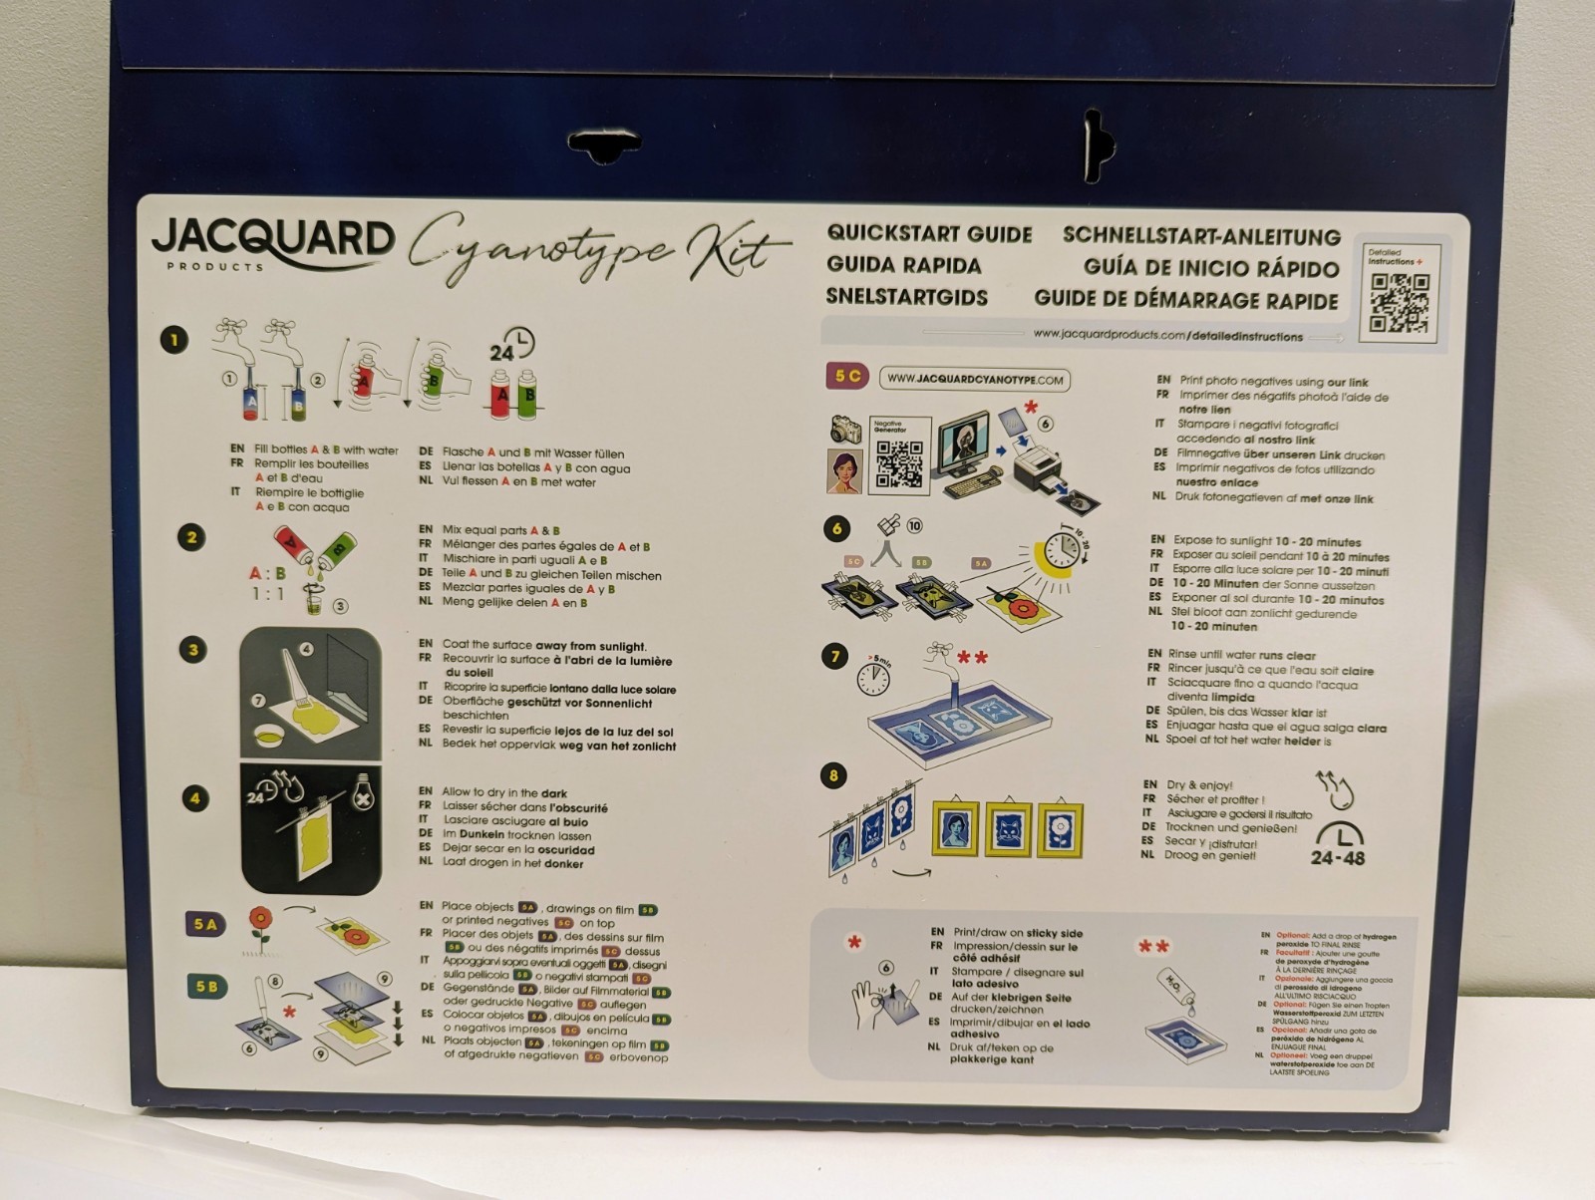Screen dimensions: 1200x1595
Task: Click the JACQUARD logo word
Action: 272,240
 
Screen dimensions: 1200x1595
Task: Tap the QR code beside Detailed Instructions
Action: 1399,303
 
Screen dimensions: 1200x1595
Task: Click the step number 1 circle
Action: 174,341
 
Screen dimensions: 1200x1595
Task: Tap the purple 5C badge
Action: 846,377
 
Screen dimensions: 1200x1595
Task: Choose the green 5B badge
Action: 206,988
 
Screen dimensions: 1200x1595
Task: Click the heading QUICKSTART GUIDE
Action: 929,234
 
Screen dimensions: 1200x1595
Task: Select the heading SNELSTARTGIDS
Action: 906,297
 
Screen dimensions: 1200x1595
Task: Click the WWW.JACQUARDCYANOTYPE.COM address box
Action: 974,380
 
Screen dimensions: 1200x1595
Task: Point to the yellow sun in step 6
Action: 1058,557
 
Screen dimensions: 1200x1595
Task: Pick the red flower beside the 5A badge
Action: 261,921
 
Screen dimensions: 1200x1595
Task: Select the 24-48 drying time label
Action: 1338,845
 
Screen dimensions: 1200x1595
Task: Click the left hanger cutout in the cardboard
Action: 603,147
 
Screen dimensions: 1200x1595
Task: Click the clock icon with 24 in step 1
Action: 511,347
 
